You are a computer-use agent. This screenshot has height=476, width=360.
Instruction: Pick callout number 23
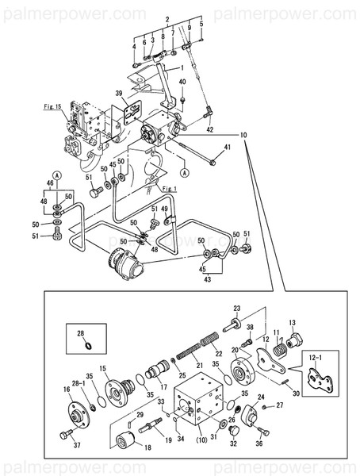(236, 308)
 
